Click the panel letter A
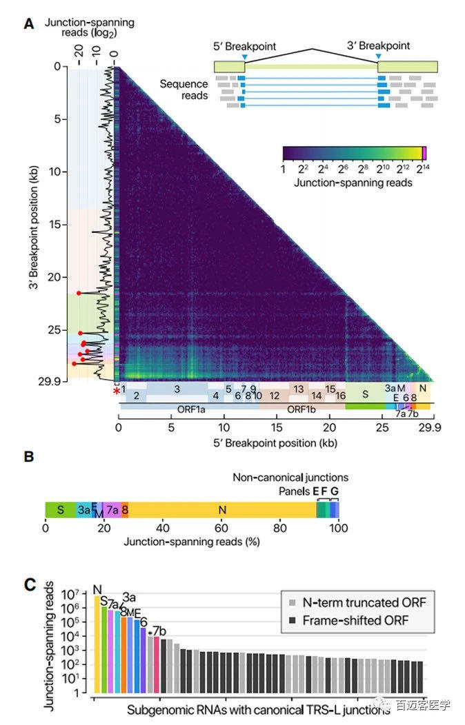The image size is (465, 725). click(x=29, y=23)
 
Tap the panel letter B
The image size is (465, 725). click(x=29, y=456)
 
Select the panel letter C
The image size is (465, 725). click(x=29, y=585)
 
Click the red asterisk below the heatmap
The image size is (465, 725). click(x=116, y=391)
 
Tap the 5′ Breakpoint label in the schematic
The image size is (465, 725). click(x=245, y=46)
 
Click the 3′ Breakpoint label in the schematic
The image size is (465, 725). click(x=379, y=46)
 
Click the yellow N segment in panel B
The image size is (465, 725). click(x=222, y=510)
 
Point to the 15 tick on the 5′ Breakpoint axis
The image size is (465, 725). click(x=276, y=427)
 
